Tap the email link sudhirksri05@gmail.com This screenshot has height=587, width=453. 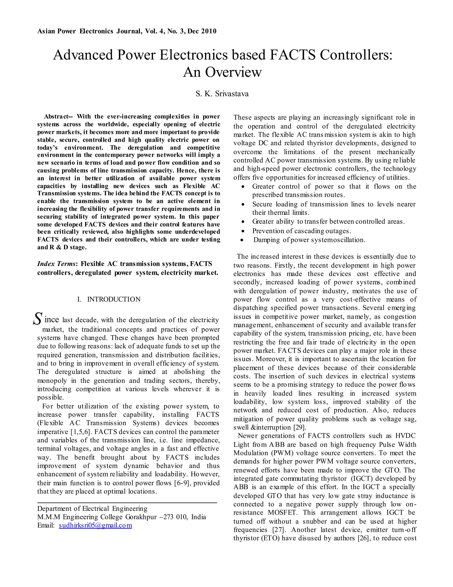95,525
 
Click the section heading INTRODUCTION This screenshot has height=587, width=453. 114,299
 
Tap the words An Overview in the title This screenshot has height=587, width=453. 222,72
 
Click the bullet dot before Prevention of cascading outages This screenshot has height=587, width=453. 243,231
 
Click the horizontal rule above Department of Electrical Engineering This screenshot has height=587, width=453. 127,502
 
